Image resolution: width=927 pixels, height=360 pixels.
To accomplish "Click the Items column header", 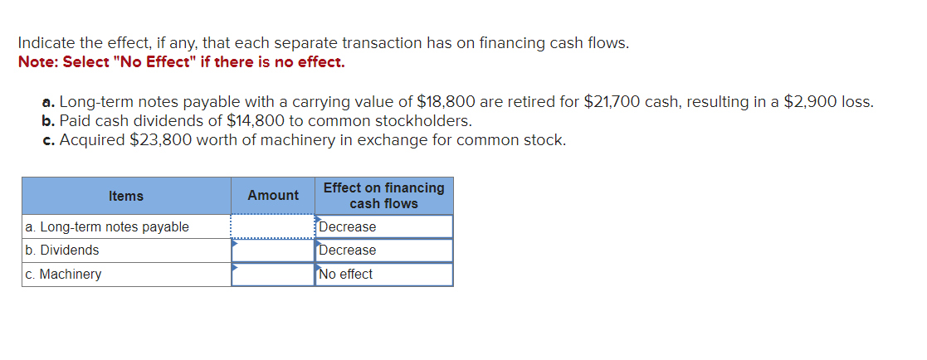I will coord(126,196).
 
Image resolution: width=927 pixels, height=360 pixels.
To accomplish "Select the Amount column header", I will coord(273,196).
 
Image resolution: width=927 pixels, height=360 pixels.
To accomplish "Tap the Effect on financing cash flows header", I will coord(383,196).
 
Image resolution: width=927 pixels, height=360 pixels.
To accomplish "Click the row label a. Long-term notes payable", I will coord(107,226).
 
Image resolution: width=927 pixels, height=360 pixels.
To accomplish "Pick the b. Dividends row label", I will coord(62,250).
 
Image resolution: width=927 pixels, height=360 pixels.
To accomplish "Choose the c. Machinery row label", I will coord(64,274).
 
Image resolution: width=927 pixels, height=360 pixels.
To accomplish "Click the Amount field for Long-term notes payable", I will coord(273,226).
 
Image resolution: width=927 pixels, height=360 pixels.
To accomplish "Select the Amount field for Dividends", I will coord(273,250).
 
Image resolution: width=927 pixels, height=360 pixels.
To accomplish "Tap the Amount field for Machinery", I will coord(273,274).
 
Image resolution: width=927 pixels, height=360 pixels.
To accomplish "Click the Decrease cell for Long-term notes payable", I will coord(383,226).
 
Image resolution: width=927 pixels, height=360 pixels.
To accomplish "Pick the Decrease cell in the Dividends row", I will coord(383,250).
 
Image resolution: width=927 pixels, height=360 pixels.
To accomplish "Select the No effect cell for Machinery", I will coord(383,274).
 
